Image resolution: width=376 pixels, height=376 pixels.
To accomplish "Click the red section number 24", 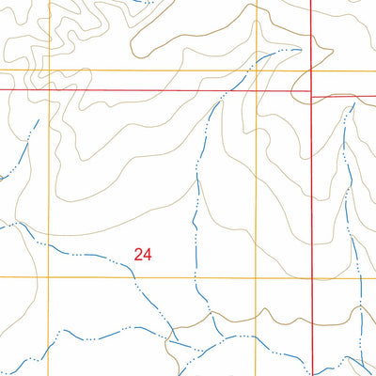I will point(143,253).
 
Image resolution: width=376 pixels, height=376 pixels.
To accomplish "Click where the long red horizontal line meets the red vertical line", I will point(311,89).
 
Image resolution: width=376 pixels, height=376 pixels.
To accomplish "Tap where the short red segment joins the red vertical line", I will point(311,96).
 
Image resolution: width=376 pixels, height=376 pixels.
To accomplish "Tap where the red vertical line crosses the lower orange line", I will point(311,277).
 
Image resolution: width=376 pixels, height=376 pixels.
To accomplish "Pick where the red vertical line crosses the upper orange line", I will point(311,70).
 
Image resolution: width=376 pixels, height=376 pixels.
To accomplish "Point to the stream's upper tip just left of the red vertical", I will point(299,48).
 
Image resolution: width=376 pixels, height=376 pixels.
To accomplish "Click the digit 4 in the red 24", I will point(148,253).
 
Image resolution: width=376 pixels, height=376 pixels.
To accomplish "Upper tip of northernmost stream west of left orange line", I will point(37,120).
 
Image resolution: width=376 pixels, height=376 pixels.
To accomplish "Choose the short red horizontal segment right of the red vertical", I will point(343,96).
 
